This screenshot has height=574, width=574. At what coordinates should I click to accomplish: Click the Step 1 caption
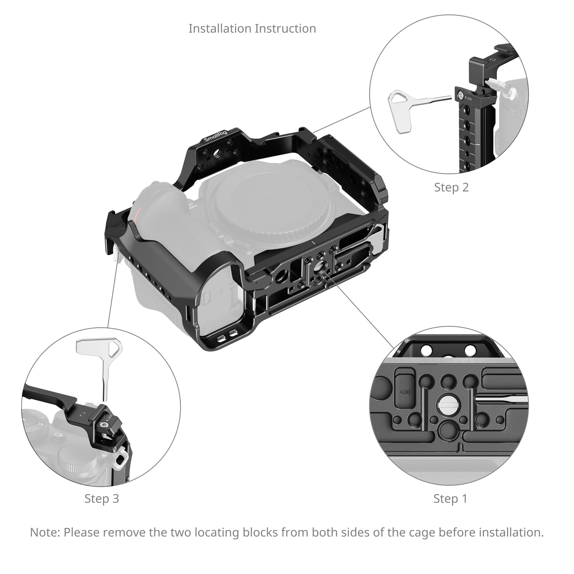click(x=450, y=499)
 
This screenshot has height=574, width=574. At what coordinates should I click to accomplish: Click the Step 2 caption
click(x=451, y=187)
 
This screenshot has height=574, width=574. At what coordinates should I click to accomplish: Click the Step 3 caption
click(x=102, y=499)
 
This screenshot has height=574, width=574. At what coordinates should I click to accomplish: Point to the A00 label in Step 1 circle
click(x=405, y=392)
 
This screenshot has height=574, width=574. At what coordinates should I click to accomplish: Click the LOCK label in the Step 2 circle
click(x=469, y=98)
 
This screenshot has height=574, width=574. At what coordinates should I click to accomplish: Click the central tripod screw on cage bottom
click(x=318, y=267)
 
